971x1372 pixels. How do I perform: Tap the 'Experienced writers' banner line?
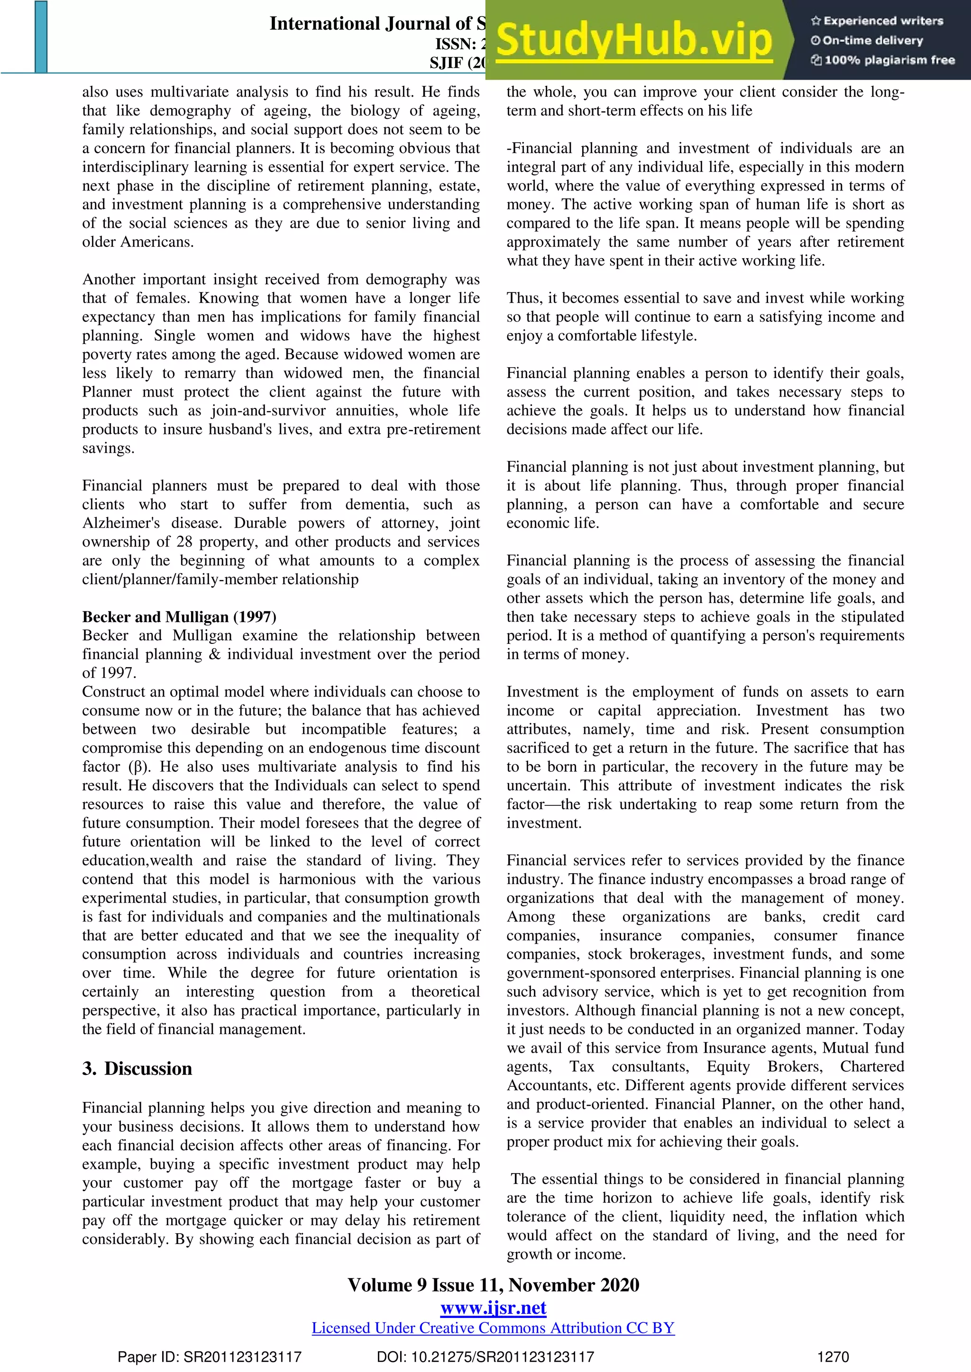pos(877,21)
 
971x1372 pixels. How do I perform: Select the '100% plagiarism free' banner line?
pos(882,60)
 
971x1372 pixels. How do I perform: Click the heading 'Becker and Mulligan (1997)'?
pos(179,617)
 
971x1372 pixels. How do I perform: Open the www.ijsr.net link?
pos(493,1308)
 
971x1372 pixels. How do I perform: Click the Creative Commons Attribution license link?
pos(493,1328)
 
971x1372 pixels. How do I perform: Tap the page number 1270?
pos(833,1356)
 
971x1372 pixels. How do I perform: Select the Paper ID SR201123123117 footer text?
pos(209,1356)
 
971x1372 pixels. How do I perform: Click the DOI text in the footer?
pos(485,1356)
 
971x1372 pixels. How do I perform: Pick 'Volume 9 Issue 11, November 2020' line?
pos(493,1285)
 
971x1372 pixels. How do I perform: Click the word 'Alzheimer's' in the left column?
pos(121,523)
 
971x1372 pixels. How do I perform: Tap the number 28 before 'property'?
pos(184,542)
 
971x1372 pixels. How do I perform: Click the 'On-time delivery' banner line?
pos(867,41)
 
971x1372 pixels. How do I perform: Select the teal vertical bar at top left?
pos(41,37)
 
